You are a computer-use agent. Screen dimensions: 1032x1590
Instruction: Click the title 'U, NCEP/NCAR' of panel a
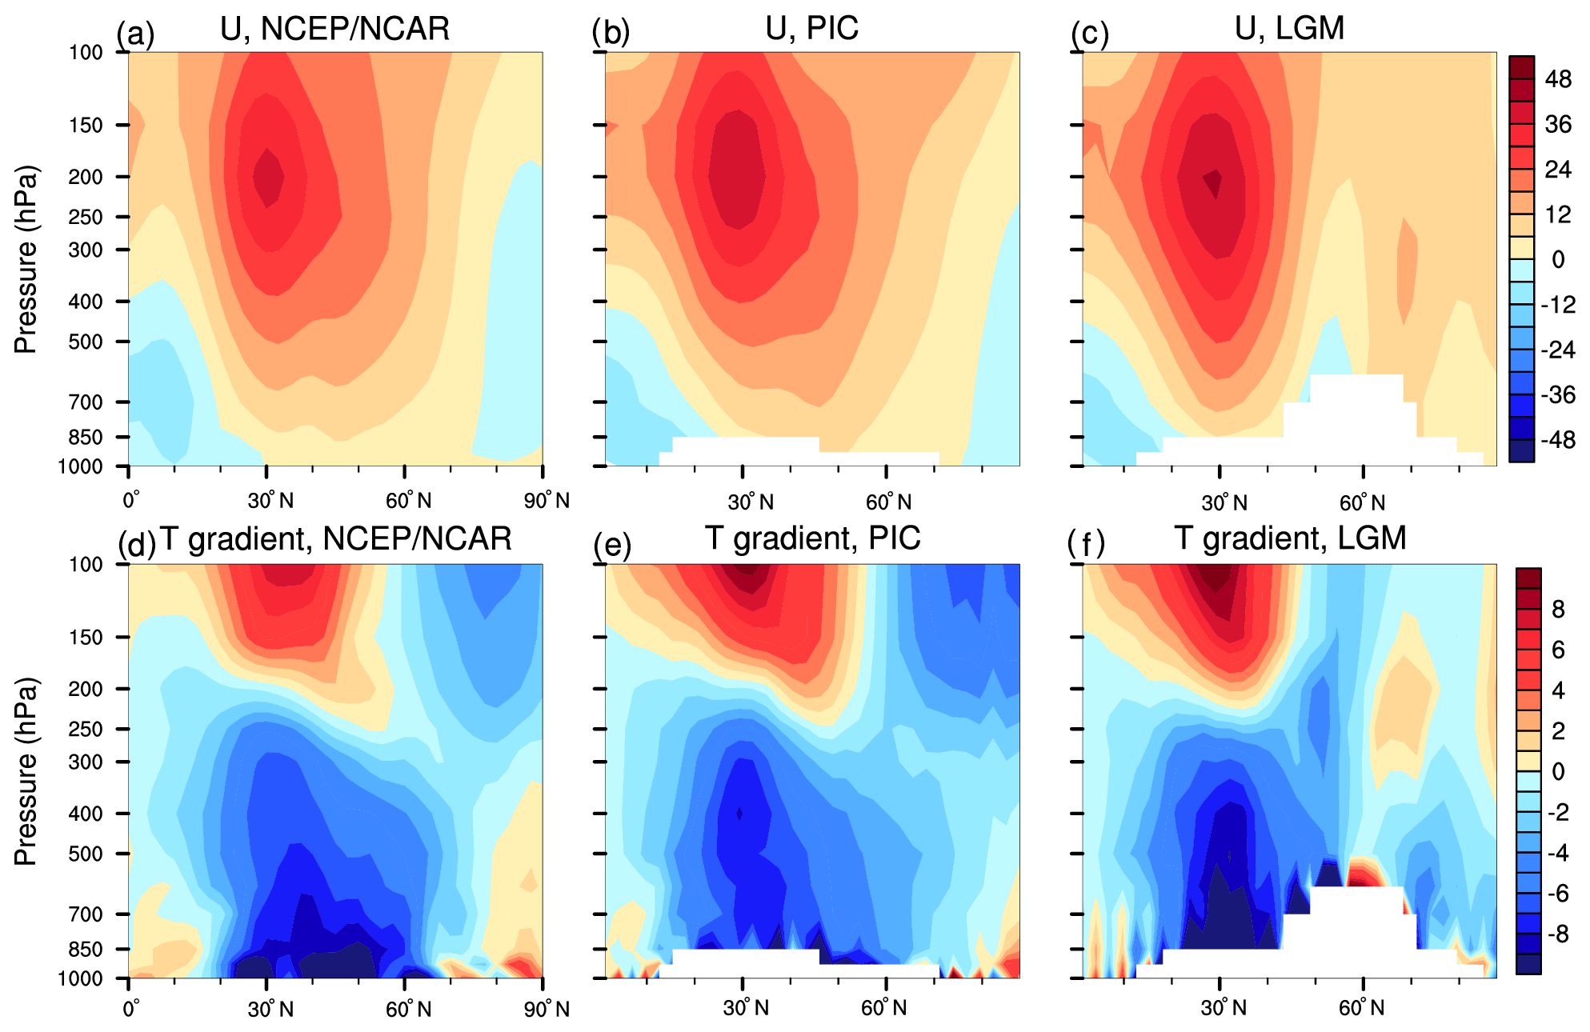point(334,29)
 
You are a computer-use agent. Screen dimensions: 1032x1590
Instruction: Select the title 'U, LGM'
point(1289,29)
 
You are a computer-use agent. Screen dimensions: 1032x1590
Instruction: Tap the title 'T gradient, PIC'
point(812,538)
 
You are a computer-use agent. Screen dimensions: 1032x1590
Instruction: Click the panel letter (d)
point(136,545)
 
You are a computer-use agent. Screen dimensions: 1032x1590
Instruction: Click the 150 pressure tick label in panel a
point(86,126)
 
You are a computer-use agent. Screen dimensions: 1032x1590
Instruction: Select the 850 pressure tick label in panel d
point(86,950)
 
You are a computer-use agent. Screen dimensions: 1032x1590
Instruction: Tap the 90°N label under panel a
point(547,501)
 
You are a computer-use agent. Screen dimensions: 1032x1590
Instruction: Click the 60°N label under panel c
point(1362,503)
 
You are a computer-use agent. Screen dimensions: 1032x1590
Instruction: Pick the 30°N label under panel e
point(746,1008)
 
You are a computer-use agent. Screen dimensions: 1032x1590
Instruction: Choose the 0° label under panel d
point(131,1008)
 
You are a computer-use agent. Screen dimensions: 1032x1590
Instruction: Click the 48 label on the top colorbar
point(1558,79)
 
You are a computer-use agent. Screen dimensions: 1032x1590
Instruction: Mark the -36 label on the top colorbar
point(1557,395)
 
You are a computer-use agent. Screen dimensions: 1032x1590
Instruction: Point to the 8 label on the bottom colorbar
point(1558,610)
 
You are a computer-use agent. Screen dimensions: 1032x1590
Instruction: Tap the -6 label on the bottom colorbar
point(1557,894)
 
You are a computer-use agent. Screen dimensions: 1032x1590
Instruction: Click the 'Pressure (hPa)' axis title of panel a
point(26,259)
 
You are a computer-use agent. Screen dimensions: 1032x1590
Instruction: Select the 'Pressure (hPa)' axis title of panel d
point(26,771)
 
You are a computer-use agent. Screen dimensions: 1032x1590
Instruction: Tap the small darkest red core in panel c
point(1216,183)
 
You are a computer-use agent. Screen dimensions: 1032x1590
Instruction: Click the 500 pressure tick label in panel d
point(86,854)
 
